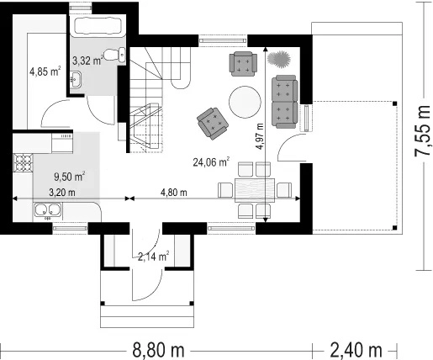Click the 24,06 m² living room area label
pyautogui.click(x=211, y=161)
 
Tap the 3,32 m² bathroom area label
pyautogui.click(x=87, y=60)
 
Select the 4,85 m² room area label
pyautogui.click(x=45, y=71)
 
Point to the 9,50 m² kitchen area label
pyautogui.click(x=70, y=177)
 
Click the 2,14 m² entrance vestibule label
pyautogui.click(x=153, y=256)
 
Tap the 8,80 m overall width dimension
pyautogui.click(x=158, y=350)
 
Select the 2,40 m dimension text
pyautogui.click(x=356, y=350)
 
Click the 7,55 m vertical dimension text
pyautogui.click(x=422, y=130)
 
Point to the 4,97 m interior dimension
pyautogui.click(x=260, y=136)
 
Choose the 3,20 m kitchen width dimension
pyautogui.click(x=62, y=193)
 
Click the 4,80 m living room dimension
pyautogui.click(x=174, y=193)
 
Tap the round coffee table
pyautogui.click(x=245, y=102)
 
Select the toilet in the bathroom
pyautogui.click(x=114, y=55)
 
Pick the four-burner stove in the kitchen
pyautogui.click(x=23, y=162)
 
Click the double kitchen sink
pyautogui.click(x=47, y=210)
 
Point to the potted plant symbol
pyautogui.click(x=278, y=59)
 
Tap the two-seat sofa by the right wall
pyautogui.click(x=284, y=102)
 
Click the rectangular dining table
pyautogui.click(x=255, y=190)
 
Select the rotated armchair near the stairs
pyautogui.click(x=213, y=124)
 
